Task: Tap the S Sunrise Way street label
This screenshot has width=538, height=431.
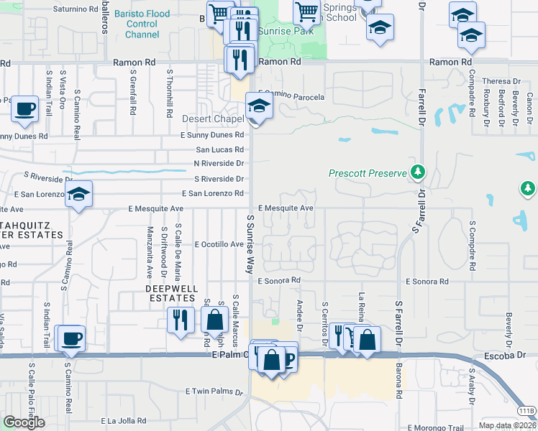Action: pyautogui.click(x=250, y=244)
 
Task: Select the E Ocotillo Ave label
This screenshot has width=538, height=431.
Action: pyautogui.click(x=219, y=244)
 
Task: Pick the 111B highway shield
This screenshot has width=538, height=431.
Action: pyautogui.click(x=526, y=411)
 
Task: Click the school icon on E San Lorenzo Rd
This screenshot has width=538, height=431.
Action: pyautogui.click(x=78, y=194)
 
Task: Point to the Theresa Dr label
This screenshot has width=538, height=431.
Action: pyautogui.click(x=501, y=81)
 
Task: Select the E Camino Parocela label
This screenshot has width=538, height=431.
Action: pyautogui.click(x=295, y=96)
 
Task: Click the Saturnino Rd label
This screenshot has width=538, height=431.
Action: pyautogui.click(x=76, y=9)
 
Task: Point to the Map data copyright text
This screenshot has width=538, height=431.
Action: pyautogui.click(x=507, y=425)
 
